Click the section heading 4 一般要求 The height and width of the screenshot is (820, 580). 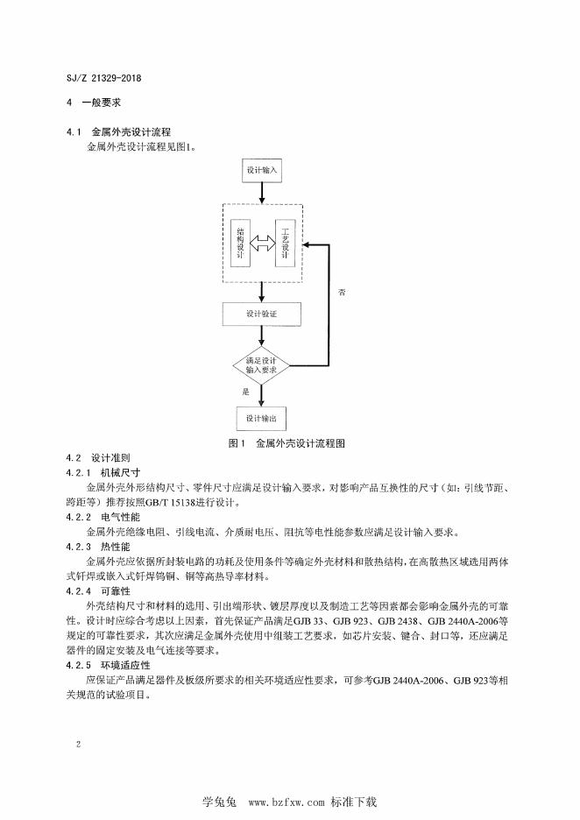pyautogui.click(x=93, y=102)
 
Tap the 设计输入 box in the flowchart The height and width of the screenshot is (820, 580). pyautogui.click(x=261, y=170)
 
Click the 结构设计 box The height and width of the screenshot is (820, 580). pyautogui.click(x=240, y=243)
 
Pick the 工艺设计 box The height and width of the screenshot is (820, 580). pyautogui.click(x=285, y=243)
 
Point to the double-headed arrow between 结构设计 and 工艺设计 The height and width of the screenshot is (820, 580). pyautogui.click(x=262, y=243)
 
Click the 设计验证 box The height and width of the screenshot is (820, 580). pyautogui.click(x=261, y=314)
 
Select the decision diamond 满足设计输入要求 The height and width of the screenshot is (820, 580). pyautogui.click(x=261, y=364)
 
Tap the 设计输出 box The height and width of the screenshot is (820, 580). pyautogui.click(x=261, y=418)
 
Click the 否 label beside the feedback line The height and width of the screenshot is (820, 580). pyautogui.click(x=343, y=292)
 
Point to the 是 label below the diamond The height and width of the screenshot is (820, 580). pyautogui.click(x=246, y=392)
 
